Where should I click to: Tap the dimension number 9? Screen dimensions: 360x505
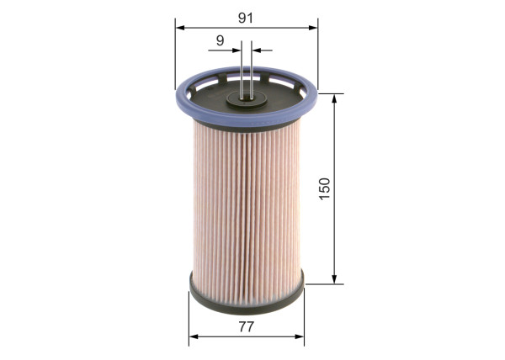(219, 40)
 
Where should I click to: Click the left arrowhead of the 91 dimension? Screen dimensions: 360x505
(180, 26)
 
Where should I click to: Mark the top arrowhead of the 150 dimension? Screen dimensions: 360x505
(335, 98)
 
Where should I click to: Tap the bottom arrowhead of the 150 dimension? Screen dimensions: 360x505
(335, 279)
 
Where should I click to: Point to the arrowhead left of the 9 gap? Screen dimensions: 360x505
(237, 50)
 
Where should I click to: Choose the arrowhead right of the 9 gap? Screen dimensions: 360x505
(256, 50)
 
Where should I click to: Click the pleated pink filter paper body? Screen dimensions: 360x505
(247, 202)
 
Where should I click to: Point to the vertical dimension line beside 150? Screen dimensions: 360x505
(335, 236)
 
